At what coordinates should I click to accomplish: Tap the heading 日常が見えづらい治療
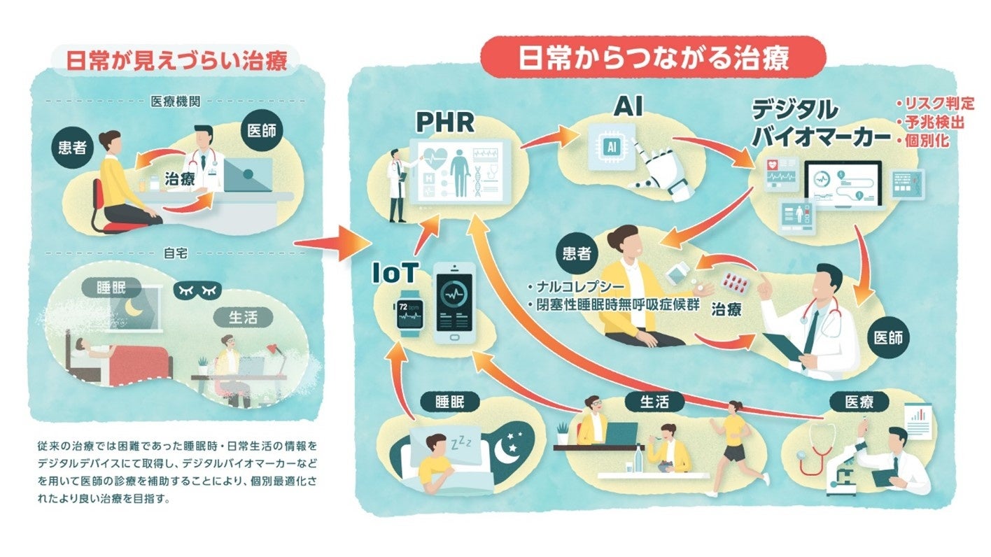point(176,61)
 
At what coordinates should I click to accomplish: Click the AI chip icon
point(611,146)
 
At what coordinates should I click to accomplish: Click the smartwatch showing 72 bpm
point(409,311)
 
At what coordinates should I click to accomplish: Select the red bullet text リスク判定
point(936,104)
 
